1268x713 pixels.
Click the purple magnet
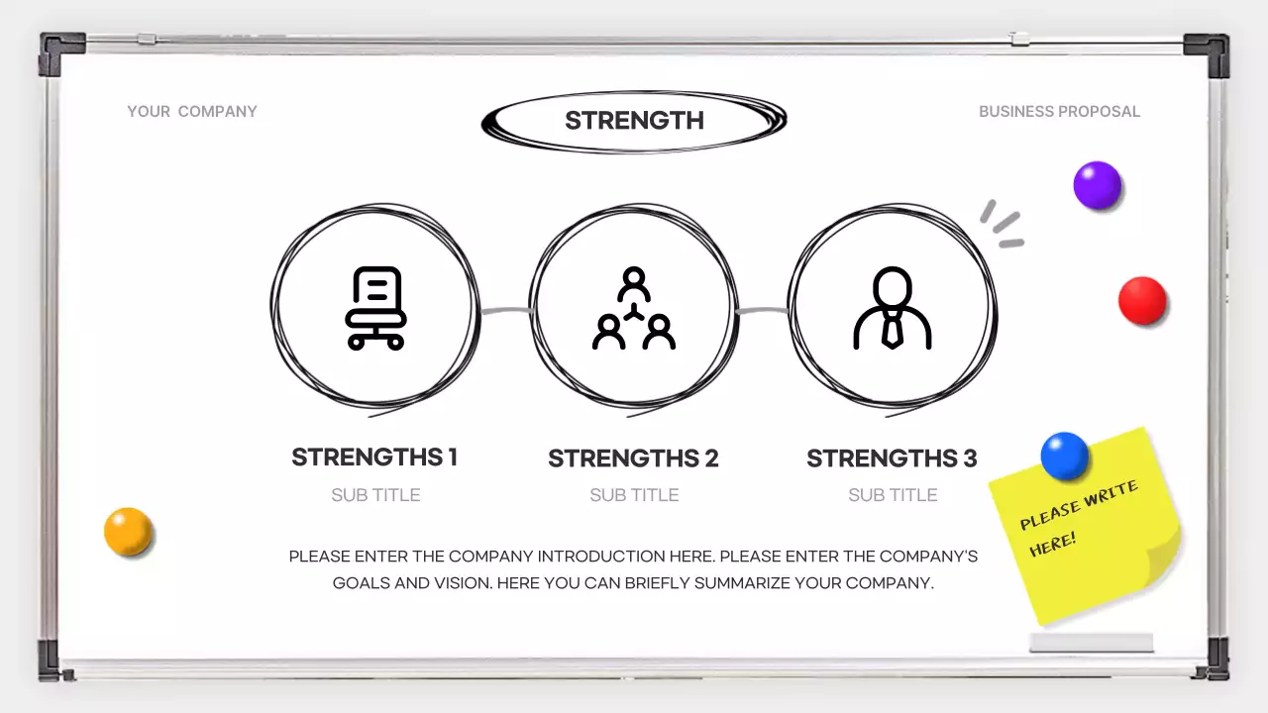(1097, 185)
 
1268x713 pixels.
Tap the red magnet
(1142, 300)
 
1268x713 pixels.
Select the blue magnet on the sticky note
(1064, 457)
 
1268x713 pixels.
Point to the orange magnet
(128, 532)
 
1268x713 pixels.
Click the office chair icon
(375, 308)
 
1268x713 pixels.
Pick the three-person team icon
(634, 308)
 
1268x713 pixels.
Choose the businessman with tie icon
(893, 308)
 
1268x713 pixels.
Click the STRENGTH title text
(634, 121)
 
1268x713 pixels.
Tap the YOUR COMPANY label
(192, 112)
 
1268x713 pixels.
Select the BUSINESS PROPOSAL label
(1059, 112)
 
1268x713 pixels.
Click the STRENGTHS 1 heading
(374, 458)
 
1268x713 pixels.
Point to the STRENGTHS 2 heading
(633, 458)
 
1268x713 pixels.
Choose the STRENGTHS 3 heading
(892, 458)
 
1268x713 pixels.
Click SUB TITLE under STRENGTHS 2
(634, 495)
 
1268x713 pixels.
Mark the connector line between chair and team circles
(506, 310)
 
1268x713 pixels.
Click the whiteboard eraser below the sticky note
(1091, 643)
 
